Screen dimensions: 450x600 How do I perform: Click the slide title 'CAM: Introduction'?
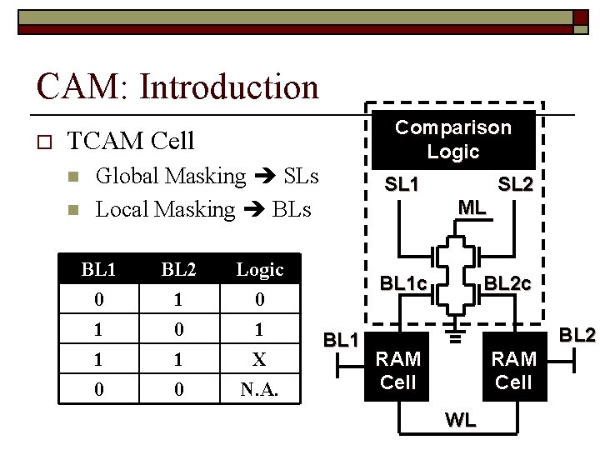tap(177, 86)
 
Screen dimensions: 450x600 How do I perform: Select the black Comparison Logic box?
tap(452, 139)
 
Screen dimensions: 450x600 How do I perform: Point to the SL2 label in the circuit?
tap(514, 184)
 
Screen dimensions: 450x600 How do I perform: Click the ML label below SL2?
tap(472, 208)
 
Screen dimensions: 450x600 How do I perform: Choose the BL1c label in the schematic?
tap(403, 283)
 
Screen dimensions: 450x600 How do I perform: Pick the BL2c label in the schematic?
tap(507, 283)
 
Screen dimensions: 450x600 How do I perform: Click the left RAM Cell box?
tap(397, 370)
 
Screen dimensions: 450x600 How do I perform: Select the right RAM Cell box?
tap(513, 370)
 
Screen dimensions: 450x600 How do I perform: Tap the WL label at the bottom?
tap(461, 421)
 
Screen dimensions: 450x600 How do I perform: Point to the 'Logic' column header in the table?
tap(260, 270)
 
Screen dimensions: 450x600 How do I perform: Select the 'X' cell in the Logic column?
tap(260, 359)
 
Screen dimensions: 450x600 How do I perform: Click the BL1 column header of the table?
tap(99, 270)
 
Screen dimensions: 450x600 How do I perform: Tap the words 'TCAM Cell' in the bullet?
tap(130, 140)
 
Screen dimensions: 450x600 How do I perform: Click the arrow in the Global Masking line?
tap(266, 177)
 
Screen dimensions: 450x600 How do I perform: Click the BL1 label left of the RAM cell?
tap(340, 339)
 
